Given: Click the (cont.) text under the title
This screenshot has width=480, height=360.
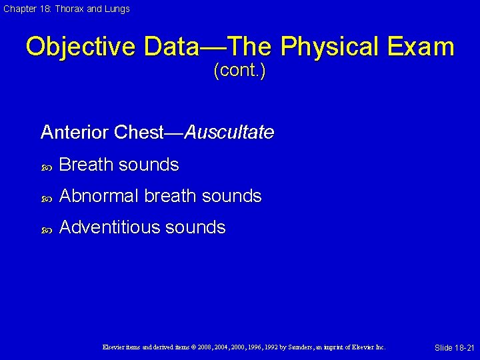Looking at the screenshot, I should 239,71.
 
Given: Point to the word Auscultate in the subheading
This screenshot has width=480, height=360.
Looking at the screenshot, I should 229,133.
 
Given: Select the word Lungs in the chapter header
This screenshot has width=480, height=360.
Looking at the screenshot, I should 117,9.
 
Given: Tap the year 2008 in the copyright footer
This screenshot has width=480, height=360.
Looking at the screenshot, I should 208,347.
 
